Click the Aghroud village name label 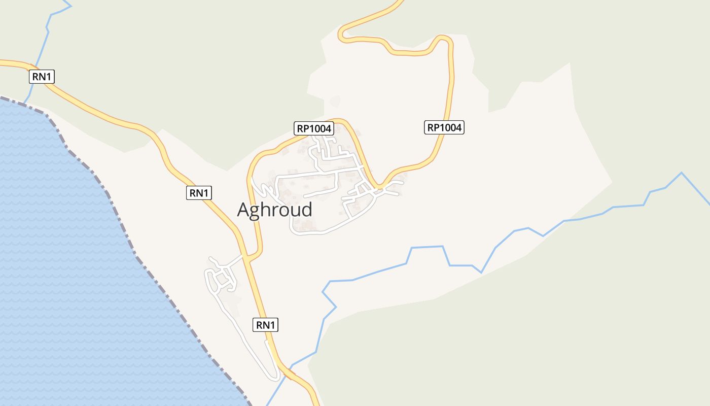[274, 209]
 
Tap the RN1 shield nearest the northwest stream [42, 77]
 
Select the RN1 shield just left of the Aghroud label [199, 193]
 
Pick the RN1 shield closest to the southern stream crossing [265, 325]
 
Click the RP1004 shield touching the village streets [314, 128]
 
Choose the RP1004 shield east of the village [444, 127]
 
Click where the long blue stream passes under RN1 [290, 366]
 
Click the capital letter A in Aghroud [244, 210]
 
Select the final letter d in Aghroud [306, 209]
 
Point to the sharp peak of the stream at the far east [681, 173]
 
